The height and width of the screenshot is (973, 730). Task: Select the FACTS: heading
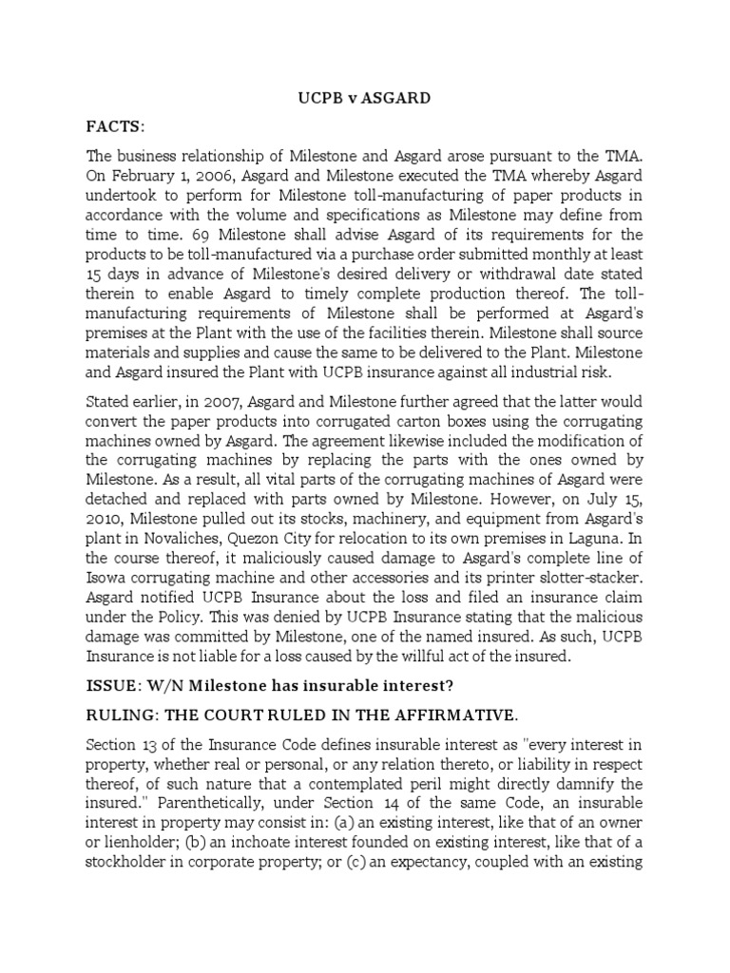[x=118, y=125]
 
